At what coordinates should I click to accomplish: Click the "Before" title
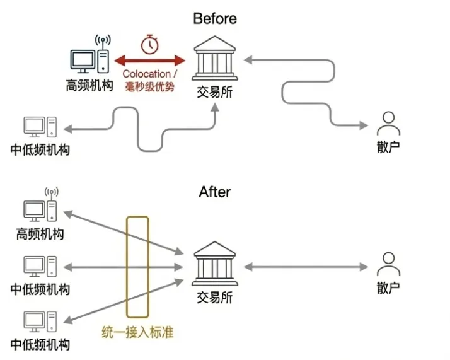[x=215, y=18]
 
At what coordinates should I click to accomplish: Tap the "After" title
[x=215, y=192]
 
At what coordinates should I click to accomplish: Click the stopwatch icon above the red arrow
[x=149, y=44]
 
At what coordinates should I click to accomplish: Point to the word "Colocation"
[x=146, y=74]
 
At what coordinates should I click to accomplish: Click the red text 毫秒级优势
[x=149, y=86]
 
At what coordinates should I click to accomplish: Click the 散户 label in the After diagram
[x=388, y=288]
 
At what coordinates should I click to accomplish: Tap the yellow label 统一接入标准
[x=137, y=332]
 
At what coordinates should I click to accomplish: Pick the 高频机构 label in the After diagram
[x=40, y=235]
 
